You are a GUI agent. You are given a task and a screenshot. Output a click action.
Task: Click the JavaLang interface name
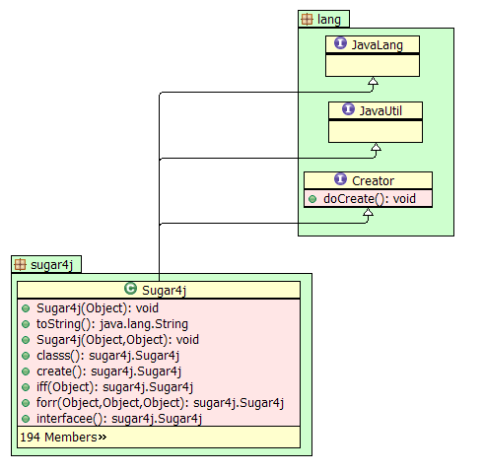(378, 45)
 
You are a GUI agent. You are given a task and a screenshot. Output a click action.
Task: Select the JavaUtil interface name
(380, 111)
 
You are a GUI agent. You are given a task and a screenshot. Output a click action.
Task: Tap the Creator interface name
(373, 180)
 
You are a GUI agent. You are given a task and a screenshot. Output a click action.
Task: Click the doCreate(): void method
(370, 199)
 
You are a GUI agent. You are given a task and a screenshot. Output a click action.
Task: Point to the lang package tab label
(329, 20)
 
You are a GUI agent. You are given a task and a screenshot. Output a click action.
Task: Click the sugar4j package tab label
(51, 265)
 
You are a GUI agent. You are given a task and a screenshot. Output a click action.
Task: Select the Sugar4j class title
(164, 291)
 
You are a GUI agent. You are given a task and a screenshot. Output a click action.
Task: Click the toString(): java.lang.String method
(112, 324)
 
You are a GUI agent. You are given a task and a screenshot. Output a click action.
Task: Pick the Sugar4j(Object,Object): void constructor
(117, 340)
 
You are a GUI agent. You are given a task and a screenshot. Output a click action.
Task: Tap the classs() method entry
(107, 356)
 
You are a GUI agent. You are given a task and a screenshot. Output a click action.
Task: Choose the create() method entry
(108, 372)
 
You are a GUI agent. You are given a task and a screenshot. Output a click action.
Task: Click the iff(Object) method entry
(114, 387)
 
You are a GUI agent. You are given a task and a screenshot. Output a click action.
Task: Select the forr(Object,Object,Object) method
(160, 403)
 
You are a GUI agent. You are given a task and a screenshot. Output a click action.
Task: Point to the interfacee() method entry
(119, 419)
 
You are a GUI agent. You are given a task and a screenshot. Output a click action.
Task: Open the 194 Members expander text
(63, 438)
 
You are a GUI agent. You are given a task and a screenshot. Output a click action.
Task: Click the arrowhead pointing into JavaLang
(373, 81)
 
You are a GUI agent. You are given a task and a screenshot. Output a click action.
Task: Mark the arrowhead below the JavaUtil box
(376, 147)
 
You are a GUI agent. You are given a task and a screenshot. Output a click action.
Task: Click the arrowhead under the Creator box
(368, 212)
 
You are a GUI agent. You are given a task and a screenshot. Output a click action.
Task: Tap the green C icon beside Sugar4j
(130, 289)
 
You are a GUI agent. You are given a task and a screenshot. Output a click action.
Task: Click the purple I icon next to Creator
(340, 179)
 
